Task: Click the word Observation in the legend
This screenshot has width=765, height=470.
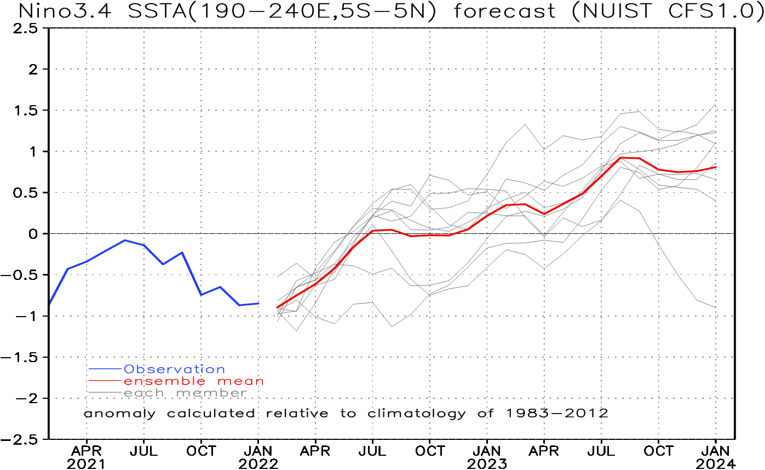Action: click(x=174, y=369)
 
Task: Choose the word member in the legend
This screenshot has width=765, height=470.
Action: click(x=211, y=393)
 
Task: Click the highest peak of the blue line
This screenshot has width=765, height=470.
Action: click(x=125, y=240)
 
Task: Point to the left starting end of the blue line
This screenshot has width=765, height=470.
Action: click(x=49, y=302)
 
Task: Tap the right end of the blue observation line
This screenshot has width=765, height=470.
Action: click(x=258, y=303)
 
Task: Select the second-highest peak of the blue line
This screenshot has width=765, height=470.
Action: click(x=182, y=253)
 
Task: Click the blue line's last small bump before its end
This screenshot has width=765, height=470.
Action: click(x=220, y=286)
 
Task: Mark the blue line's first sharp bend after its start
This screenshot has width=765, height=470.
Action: click(x=67, y=268)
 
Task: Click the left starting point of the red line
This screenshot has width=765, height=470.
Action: click(x=277, y=308)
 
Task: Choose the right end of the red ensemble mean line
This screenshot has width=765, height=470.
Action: click(x=716, y=167)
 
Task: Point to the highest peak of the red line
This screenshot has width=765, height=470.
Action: click(x=621, y=157)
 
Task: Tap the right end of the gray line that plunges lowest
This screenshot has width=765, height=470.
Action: click(x=716, y=307)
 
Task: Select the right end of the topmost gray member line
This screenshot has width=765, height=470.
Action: click(x=716, y=104)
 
